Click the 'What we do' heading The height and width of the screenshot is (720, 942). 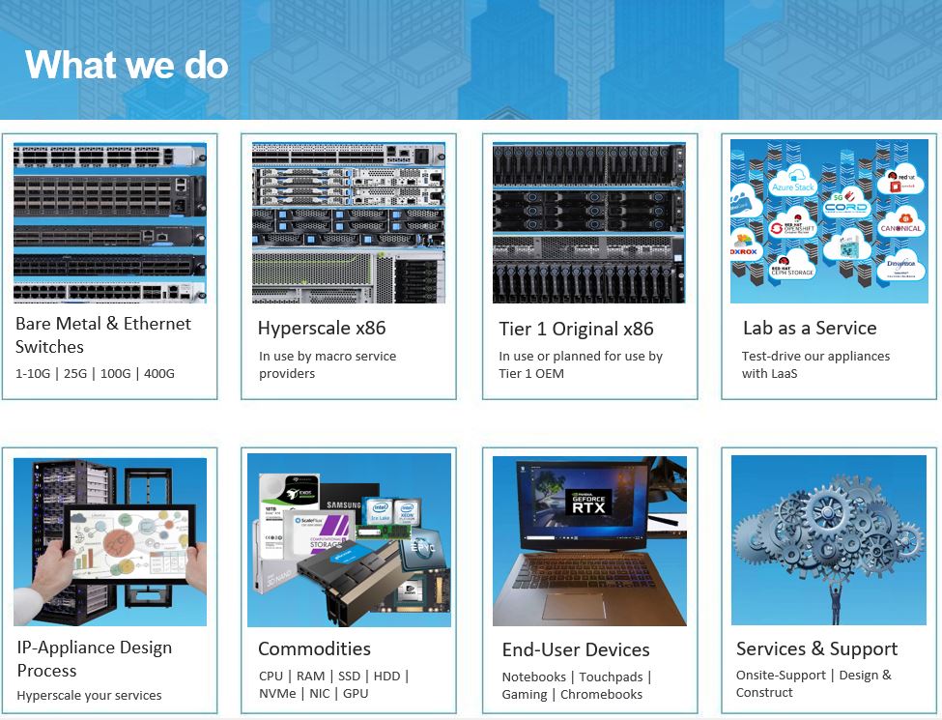[127, 66]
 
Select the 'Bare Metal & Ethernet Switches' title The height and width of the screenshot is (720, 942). [103, 335]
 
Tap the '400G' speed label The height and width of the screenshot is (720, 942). [159, 373]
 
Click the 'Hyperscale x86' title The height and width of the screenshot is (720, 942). [322, 329]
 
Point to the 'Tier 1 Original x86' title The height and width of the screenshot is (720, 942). [576, 329]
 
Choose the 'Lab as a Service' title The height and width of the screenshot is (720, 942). [810, 329]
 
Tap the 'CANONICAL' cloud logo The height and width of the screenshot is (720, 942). [900, 227]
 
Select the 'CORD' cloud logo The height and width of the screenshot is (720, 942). [846, 207]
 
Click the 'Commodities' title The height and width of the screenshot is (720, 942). [314, 648]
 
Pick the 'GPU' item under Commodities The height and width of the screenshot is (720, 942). [356, 693]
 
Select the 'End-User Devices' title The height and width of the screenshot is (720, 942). [576, 649]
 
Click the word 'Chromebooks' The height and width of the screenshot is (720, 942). [601, 694]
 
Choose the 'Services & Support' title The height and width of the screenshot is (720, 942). [816, 648]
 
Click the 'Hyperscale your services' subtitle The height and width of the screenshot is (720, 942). [89, 695]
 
